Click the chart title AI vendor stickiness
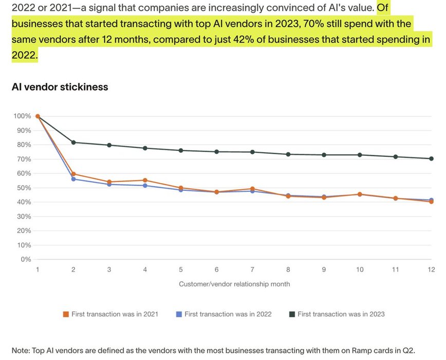60,87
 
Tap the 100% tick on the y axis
23,116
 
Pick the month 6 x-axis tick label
216,269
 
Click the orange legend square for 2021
66,314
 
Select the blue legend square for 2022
179,314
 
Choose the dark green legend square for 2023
292,314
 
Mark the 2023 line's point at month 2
73,142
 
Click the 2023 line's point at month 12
431,158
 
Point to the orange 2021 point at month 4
145,180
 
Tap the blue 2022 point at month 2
73,179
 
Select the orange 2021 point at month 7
252,189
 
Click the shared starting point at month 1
38,116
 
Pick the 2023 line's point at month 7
252,152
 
